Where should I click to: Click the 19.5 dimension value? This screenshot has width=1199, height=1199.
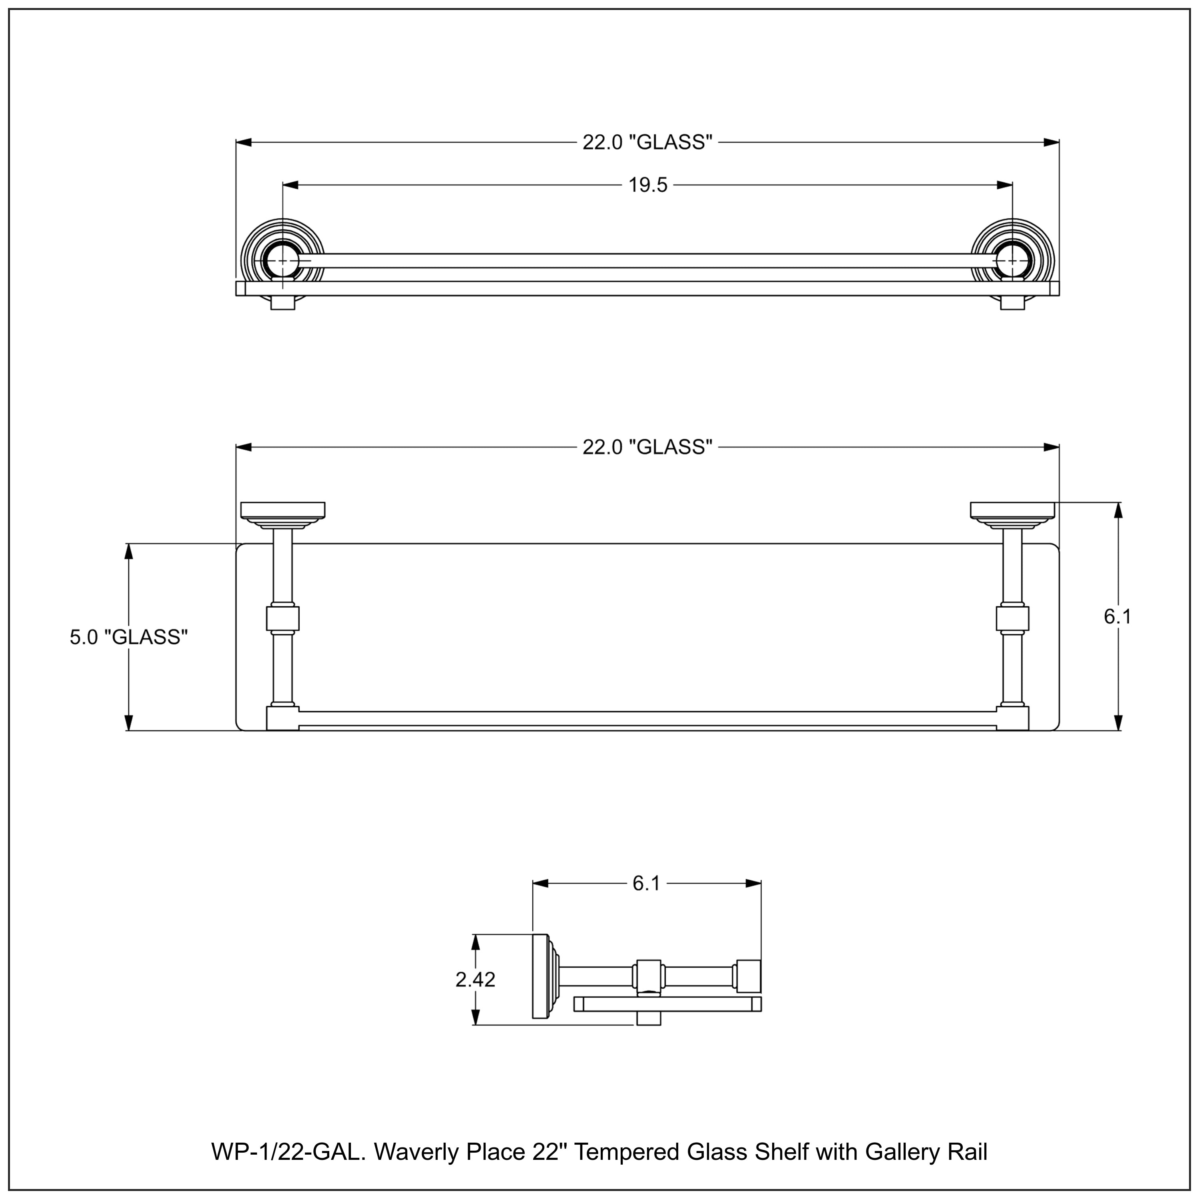tap(647, 185)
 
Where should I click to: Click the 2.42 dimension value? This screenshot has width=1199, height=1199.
tap(475, 979)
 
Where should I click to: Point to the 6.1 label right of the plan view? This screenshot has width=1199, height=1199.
tap(1117, 616)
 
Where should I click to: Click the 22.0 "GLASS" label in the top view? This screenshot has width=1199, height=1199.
tap(647, 142)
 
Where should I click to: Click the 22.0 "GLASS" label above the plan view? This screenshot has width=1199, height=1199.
tap(647, 447)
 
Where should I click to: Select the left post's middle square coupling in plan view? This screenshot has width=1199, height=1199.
tap(283, 619)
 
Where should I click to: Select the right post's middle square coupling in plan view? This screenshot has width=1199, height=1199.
tap(1012, 619)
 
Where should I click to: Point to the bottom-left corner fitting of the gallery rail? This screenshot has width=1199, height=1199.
tap(283, 719)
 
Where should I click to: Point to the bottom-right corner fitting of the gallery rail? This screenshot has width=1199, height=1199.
tap(1012, 719)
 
